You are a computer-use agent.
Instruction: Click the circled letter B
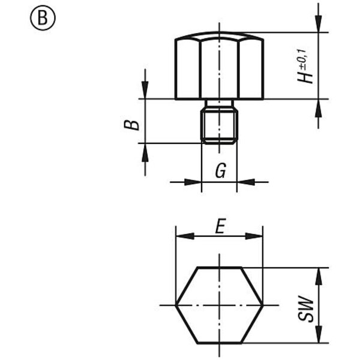tap(43, 18)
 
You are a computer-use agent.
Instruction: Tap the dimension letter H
tap(305, 75)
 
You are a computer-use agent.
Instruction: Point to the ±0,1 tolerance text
tap(302, 58)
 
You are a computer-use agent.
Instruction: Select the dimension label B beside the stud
tap(131, 125)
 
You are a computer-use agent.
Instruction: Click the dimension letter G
tap(221, 170)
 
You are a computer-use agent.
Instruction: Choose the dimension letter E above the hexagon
tap(220, 226)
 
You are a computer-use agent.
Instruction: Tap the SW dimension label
tap(305, 308)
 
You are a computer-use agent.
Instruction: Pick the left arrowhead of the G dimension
tap(193, 182)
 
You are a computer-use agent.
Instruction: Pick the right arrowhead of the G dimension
tap(245, 182)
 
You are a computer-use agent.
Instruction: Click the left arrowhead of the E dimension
tap(185, 236)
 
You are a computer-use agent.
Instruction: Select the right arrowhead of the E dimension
tap(254, 236)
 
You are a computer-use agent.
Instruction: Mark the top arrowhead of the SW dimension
tap(319, 277)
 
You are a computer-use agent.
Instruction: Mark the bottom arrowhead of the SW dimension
tap(319, 334)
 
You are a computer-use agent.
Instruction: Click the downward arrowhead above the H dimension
tap(318, 23)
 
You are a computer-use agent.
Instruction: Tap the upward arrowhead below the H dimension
tap(318, 108)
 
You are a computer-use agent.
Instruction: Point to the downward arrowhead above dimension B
tap(145, 90)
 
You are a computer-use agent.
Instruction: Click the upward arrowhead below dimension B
tap(145, 152)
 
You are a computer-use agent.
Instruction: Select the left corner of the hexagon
tap(176, 305)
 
